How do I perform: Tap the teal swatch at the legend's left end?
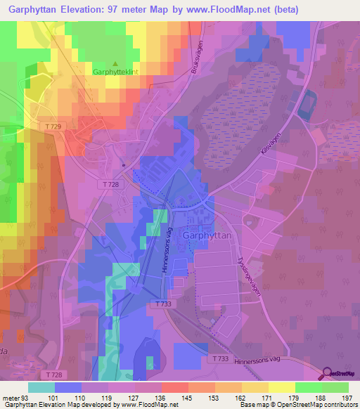tap(41, 388)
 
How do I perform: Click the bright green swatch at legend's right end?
tap(335, 388)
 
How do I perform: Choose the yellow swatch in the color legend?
tap(282, 388)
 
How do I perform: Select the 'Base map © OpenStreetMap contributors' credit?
tap(297, 405)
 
